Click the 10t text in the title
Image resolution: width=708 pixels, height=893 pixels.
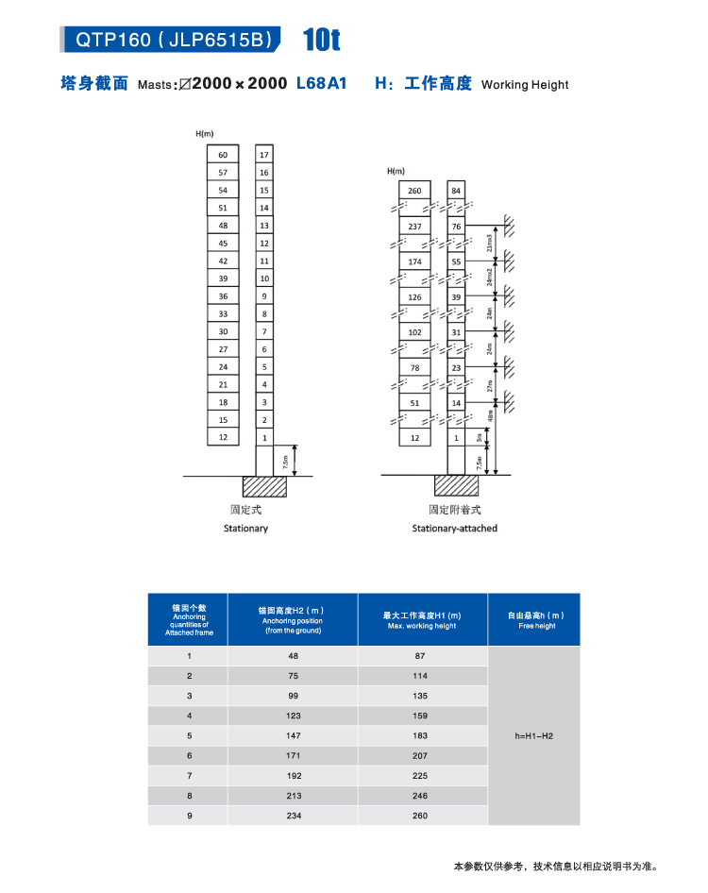pos(321,41)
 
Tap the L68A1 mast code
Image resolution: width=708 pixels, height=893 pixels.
pos(322,83)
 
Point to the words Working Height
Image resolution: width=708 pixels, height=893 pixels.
pos(525,85)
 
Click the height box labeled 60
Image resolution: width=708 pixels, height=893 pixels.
pos(223,155)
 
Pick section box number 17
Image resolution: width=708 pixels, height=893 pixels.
pos(264,155)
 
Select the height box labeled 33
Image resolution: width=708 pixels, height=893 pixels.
pos(223,313)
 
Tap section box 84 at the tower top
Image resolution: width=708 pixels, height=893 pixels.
pos(457,192)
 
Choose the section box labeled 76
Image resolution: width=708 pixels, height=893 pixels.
pos(457,227)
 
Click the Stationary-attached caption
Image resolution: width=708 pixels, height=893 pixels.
pos(454,529)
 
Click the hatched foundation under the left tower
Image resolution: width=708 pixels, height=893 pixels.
pos(264,486)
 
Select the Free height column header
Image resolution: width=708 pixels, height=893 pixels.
pos(534,620)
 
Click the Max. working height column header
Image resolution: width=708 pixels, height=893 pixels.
pos(422,620)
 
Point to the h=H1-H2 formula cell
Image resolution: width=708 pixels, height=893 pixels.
pos(534,735)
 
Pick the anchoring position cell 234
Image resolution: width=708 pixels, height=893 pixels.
pos(294,815)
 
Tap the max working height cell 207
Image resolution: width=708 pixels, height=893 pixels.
pos(420,755)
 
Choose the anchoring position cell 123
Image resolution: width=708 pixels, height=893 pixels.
pos(294,716)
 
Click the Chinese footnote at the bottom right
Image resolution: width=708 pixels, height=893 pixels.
pos(554,866)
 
